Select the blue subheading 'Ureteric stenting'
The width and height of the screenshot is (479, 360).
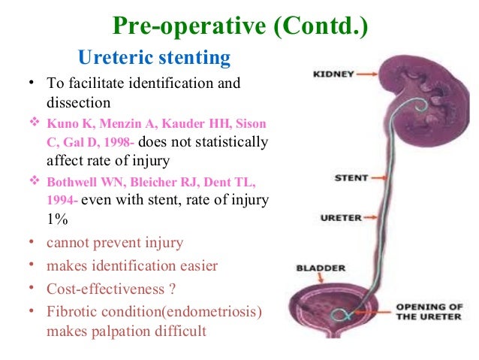tap(155, 57)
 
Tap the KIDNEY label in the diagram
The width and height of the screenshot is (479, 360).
tap(333, 74)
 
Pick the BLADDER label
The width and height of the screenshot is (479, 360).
tap(320, 268)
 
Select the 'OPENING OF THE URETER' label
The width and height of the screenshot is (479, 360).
tap(430, 310)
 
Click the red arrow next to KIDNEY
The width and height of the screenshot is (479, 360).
tap(367, 74)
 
